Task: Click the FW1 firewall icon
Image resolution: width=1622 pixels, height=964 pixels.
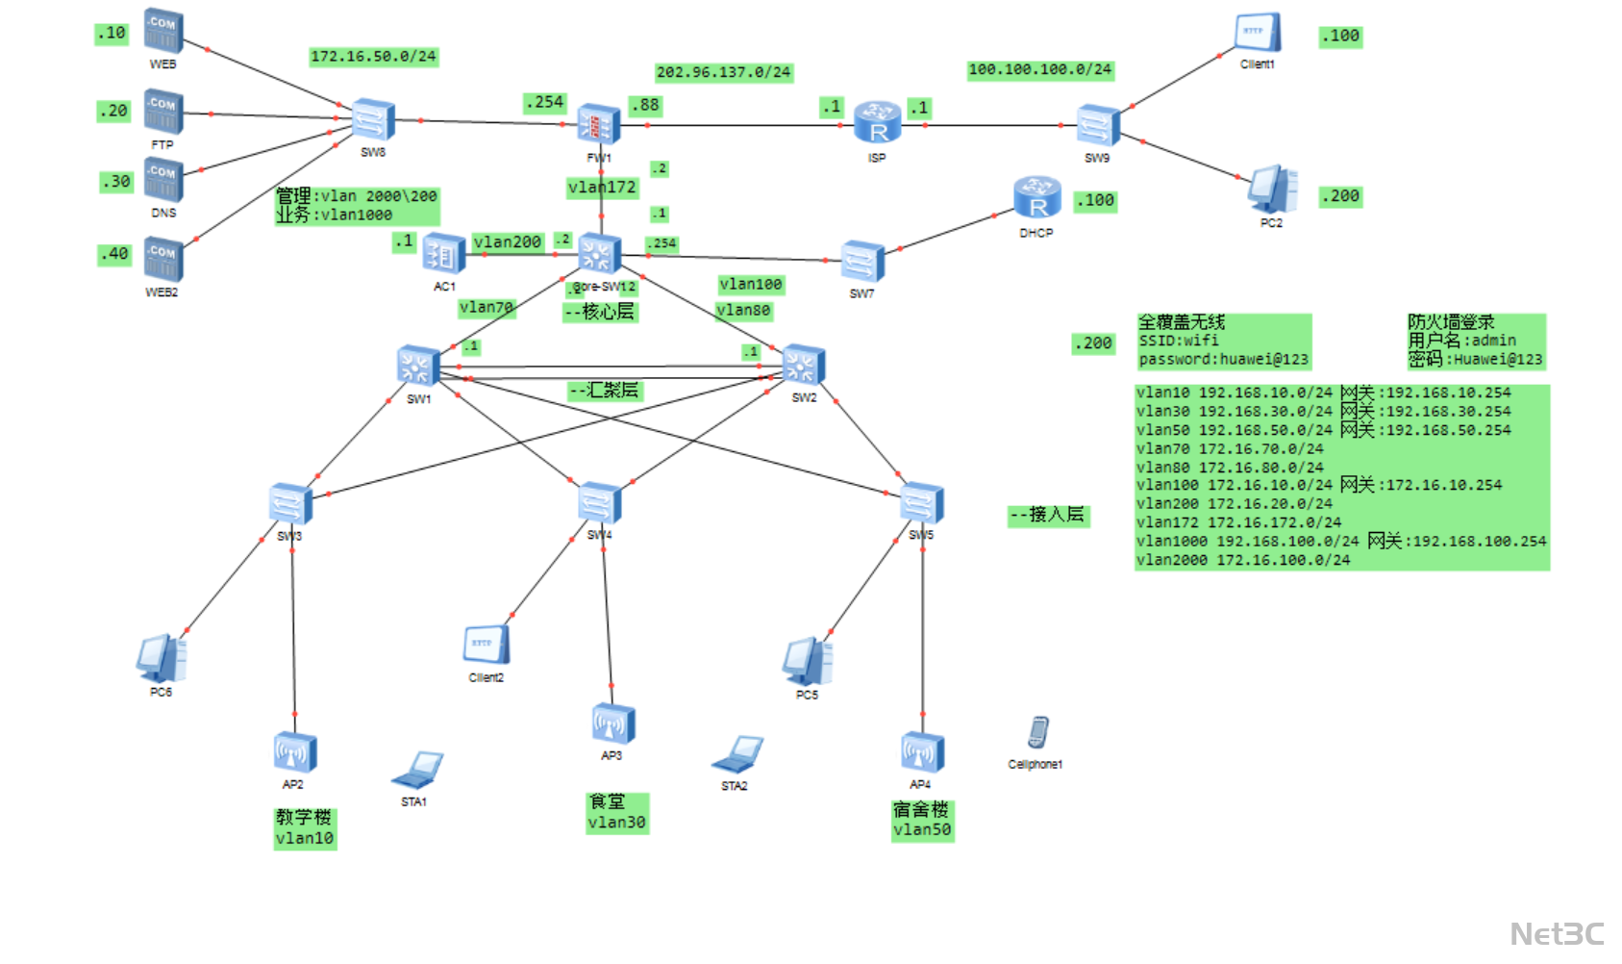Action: (x=598, y=125)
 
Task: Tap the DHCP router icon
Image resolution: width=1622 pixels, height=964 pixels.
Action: (x=1036, y=198)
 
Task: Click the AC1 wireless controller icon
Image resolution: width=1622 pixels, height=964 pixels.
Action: (x=443, y=255)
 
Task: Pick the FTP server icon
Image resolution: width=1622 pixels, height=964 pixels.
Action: (x=163, y=113)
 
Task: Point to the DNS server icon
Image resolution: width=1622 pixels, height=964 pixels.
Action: (x=163, y=181)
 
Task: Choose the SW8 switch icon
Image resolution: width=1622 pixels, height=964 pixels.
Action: (x=372, y=121)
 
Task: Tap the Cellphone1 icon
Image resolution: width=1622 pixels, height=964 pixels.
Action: (x=1037, y=733)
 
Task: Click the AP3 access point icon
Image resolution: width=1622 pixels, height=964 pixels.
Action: (x=612, y=724)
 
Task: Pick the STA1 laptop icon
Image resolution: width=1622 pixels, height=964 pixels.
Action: (x=418, y=770)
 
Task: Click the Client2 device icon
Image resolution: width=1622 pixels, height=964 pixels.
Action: (x=486, y=645)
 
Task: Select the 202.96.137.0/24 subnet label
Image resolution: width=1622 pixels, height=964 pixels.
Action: (x=723, y=72)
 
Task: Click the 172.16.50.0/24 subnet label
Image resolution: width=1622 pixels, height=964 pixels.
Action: (x=373, y=57)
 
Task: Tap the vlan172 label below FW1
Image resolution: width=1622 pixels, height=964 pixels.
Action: (x=602, y=188)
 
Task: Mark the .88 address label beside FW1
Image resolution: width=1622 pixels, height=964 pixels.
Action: (x=645, y=105)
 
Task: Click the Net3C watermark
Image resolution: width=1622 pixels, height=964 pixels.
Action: (x=1557, y=933)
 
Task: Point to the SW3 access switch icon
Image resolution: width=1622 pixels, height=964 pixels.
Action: (x=289, y=504)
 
